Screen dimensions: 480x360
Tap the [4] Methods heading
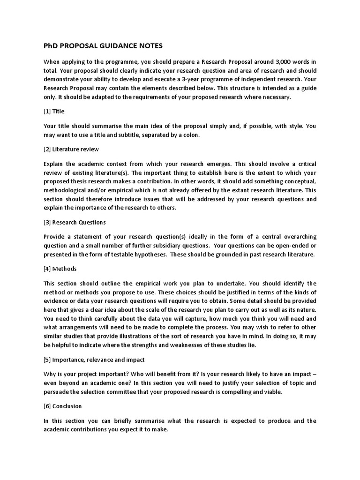60,269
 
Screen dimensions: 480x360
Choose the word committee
126,391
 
